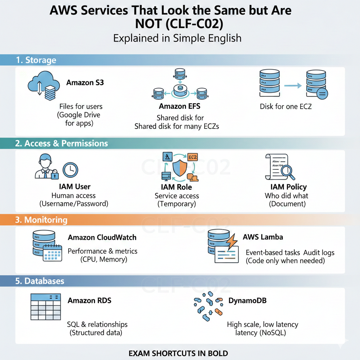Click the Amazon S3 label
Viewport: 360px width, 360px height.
(x=85, y=83)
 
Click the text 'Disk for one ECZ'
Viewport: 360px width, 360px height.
(x=285, y=106)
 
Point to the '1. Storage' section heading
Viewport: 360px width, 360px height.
(x=36, y=60)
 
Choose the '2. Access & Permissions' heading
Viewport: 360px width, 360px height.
(x=62, y=143)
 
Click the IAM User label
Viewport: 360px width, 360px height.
(x=75, y=187)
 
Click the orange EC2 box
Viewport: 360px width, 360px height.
(x=192, y=157)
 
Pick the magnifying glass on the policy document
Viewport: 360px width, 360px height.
(x=288, y=172)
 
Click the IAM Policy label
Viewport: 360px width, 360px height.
(x=289, y=187)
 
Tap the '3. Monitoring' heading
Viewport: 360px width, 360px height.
(x=41, y=220)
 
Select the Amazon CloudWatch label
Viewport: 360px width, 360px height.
(x=102, y=237)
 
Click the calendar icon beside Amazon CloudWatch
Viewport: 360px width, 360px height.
(x=52, y=252)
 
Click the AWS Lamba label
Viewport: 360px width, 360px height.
(x=263, y=237)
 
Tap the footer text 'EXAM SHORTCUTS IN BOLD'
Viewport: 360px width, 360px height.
(x=178, y=353)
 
